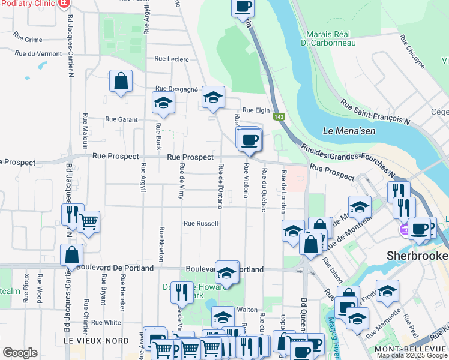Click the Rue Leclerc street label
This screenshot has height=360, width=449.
[172, 59]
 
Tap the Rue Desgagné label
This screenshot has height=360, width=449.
[176, 89]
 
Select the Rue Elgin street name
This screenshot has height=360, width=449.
[256, 110]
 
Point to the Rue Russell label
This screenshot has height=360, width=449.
[200, 223]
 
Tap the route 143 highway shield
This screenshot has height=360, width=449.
[279, 116]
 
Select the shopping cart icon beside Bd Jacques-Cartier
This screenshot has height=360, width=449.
[89, 222]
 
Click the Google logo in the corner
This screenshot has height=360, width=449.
[19, 353]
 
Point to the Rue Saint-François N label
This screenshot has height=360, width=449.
[375, 112]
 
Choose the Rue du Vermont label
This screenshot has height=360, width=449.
[41, 53]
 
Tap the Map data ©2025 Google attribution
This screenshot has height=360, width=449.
[412, 355]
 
